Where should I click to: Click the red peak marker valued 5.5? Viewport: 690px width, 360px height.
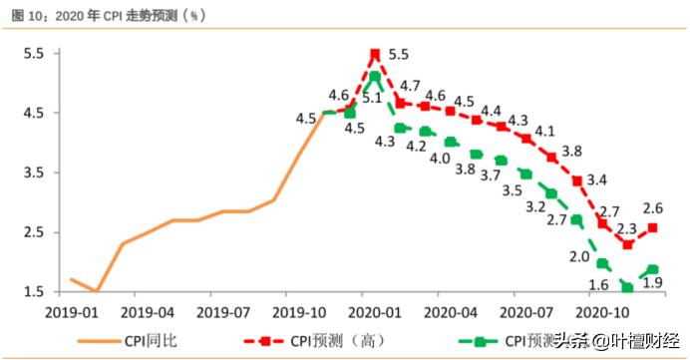pyautogui.click(x=375, y=55)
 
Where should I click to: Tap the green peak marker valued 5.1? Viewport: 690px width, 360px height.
pyautogui.click(x=375, y=77)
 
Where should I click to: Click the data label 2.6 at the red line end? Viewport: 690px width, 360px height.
pyautogui.click(x=653, y=208)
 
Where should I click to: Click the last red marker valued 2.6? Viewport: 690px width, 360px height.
pyautogui.click(x=653, y=227)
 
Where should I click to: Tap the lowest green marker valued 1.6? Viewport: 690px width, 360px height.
pyautogui.click(x=627, y=287)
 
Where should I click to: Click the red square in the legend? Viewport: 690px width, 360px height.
pyautogui.click(x=266, y=341)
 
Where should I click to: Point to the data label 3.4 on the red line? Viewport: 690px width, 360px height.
pyautogui.click(x=598, y=180)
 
